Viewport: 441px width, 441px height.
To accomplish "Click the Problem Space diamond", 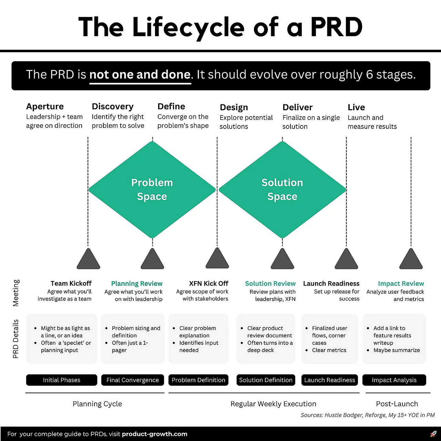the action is point(152,190).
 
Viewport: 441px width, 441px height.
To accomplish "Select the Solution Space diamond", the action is point(282,190).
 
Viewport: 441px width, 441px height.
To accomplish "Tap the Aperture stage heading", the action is point(45,107).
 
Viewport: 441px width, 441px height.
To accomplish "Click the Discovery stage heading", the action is point(113,107).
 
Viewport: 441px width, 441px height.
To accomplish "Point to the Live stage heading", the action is point(356,107).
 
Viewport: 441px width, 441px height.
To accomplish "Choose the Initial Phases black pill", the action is point(62,380).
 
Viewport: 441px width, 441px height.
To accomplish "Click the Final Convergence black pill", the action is point(133,380).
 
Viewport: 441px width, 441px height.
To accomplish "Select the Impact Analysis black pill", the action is point(394,380).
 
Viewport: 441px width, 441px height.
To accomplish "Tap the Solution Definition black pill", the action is point(266,380).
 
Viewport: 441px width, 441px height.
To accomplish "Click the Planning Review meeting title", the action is point(137,284).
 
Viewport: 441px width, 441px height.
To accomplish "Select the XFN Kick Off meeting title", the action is point(208,284).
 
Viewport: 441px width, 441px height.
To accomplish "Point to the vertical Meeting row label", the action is point(16,293).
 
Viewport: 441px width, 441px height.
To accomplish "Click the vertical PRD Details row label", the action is point(16,339).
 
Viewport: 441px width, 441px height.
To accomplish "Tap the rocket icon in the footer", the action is point(433,434).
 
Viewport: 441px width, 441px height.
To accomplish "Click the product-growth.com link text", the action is point(154,434).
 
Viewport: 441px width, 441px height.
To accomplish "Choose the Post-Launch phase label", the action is point(397,404).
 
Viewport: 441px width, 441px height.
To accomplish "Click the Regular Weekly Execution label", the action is point(273,404).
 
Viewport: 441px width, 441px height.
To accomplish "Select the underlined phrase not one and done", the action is point(140,75).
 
